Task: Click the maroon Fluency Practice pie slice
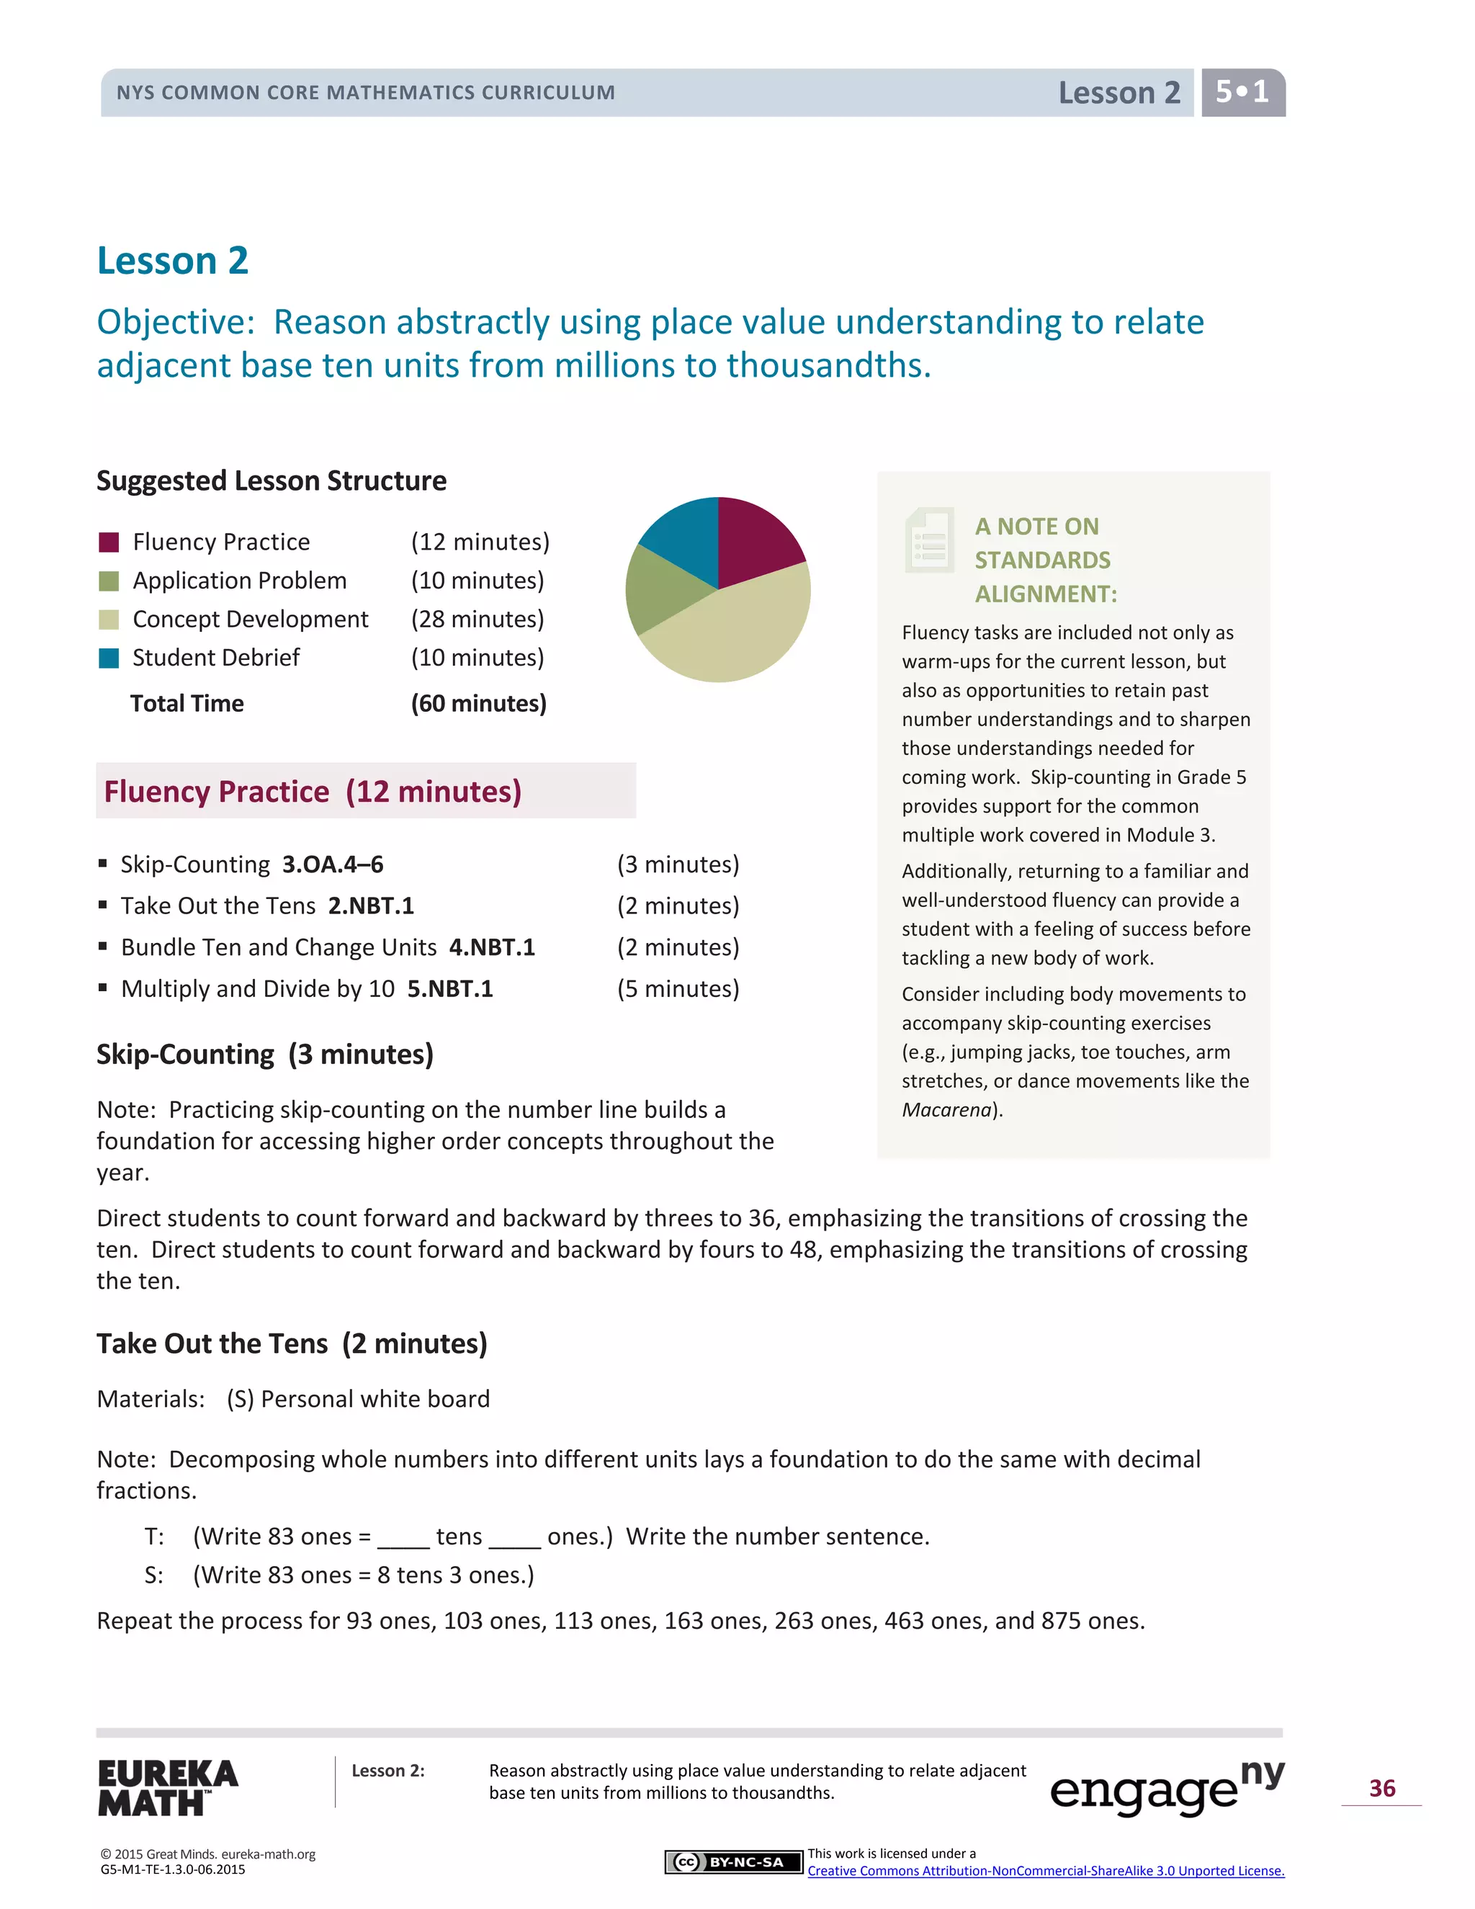(756, 540)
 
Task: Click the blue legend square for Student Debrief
(109, 658)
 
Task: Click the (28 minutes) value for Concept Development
(477, 620)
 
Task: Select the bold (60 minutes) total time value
(478, 704)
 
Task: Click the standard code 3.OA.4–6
(332, 864)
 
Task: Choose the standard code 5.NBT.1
(450, 988)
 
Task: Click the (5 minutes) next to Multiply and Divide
(678, 988)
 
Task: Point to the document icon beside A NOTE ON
(929, 540)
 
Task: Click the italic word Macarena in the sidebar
(946, 1110)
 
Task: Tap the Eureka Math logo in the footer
(167, 1787)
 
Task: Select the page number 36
(1381, 1789)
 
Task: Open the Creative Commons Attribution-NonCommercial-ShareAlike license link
(1045, 1872)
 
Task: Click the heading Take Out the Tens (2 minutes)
(292, 1344)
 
